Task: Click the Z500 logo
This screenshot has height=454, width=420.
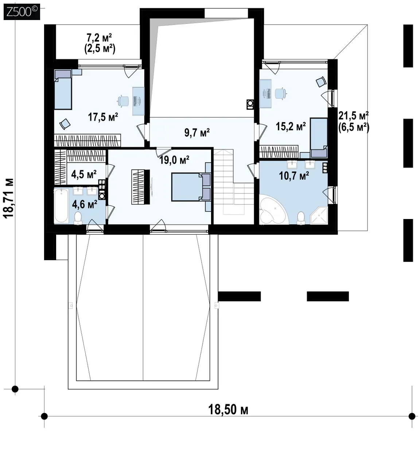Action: (x=22, y=12)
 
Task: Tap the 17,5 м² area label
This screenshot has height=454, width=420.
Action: (x=103, y=117)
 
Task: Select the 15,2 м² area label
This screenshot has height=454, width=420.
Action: (x=291, y=126)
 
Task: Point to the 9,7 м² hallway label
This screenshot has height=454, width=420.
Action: (x=197, y=132)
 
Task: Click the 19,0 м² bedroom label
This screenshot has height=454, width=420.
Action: (x=174, y=160)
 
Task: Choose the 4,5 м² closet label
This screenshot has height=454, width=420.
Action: (x=84, y=175)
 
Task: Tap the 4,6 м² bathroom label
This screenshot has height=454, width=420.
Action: (x=85, y=204)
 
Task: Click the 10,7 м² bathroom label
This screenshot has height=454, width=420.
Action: (x=294, y=176)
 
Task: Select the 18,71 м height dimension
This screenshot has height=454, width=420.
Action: (x=9, y=198)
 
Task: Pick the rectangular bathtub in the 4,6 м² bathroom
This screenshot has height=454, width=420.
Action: (x=61, y=205)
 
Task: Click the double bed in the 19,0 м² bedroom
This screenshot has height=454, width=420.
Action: (x=191, y=187)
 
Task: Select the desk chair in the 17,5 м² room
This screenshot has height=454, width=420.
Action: (x=123, y=101)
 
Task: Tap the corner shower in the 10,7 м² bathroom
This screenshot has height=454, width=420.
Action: (x=319, y=215)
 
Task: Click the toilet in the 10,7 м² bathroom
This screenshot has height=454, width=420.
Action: (x=301, y=218)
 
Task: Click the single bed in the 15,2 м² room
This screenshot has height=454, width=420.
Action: (x=319, y=138)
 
